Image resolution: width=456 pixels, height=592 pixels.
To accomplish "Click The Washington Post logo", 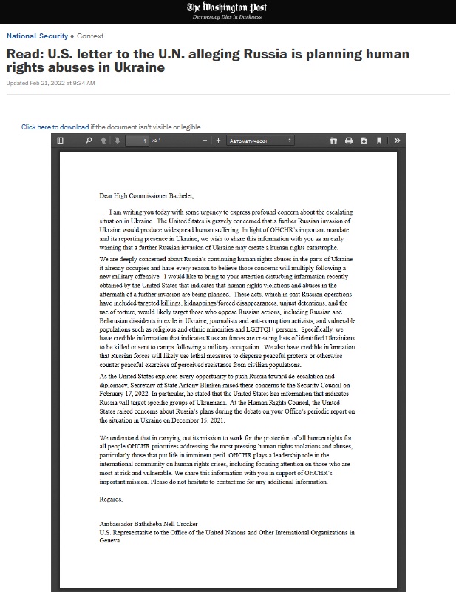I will (x=228, y=7).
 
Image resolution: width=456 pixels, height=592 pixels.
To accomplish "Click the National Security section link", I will (x=36, y=36).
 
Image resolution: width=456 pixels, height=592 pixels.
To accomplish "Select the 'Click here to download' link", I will (x=55, y=127).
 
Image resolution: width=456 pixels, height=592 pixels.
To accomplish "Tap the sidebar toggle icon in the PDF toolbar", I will (x=61, y=141).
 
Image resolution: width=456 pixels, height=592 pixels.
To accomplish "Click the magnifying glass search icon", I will (x=89, y=141).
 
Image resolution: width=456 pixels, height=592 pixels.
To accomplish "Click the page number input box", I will (x=137, y=141).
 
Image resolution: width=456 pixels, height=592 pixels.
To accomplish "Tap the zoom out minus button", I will (x=205, y=141).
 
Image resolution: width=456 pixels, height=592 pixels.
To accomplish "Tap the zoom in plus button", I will (x=218, y=141).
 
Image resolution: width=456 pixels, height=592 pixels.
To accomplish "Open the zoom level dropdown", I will (x=260, y=141).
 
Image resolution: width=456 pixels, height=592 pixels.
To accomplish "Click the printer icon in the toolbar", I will (x=349, y=141).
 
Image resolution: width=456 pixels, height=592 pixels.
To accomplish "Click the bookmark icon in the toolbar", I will (x=378, y=141).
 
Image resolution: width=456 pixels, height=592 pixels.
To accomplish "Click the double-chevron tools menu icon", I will (x=397, y=141).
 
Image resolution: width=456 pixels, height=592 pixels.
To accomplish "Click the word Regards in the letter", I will (x=112, y=499).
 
